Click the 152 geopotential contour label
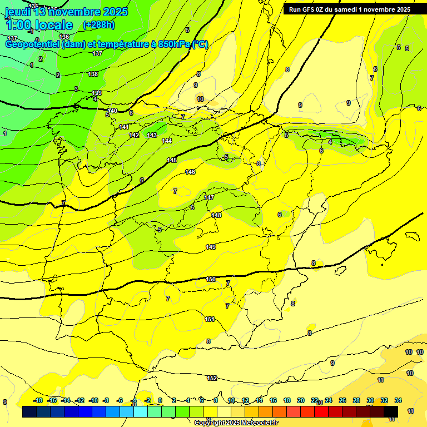click(212, 378)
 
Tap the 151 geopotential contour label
click(210, 319)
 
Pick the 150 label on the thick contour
click(211, 279)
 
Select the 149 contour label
click(211, 247)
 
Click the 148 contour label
click(216, 215)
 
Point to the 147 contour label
click(209, 197)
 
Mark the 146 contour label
click(190, 172)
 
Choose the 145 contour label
click(172, 160)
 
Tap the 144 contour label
click(167, 141)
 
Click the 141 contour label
click(124, 127)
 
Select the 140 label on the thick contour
click(112, 111)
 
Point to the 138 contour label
click(93, 74)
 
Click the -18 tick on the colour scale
click(38, 400)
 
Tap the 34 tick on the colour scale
click(398, 400)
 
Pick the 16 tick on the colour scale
click(273, 400)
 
